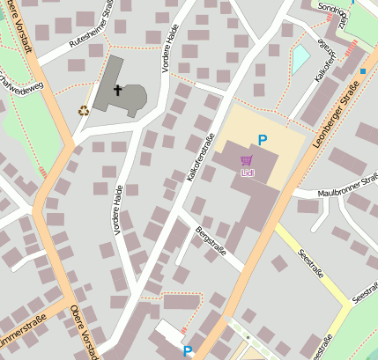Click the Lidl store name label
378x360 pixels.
tap(246, 173)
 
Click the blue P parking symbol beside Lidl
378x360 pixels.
tap(262, 140)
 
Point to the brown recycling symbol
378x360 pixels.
tap(84, 111)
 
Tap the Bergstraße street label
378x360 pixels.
tap(210, 239)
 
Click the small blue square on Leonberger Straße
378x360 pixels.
tap(362, 70)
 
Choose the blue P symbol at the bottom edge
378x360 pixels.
tap(187, 350)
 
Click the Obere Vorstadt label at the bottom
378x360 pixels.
tap(85, 332)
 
